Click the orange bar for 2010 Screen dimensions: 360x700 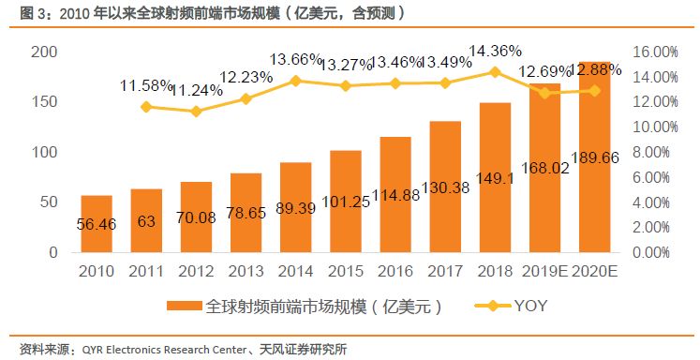(x=97, y=224)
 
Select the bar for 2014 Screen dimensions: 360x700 (x=295, y=207)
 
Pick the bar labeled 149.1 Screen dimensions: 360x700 (x=495, y=177)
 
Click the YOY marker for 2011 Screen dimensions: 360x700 (x=146, y=107)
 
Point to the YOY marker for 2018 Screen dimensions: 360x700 (x=495, y=71)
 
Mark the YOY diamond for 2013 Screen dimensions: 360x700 (x=246, y=98)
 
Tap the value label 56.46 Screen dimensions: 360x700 (x=97, y=224)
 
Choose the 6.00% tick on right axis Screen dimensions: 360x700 (x=655, y=177)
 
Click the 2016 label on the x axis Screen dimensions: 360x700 (x=395, y=272)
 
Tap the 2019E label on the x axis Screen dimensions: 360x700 (x=544, y=272)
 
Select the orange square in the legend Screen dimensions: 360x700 (x=183, y=307)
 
